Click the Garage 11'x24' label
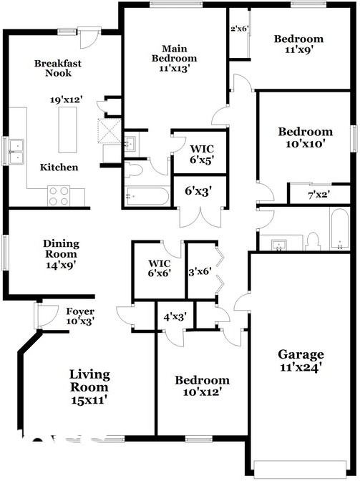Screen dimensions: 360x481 301,361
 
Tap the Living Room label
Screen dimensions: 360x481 89,381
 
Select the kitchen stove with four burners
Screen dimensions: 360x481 59,196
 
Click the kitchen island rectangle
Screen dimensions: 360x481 67,130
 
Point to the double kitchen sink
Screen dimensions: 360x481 16,152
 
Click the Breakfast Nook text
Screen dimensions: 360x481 58,68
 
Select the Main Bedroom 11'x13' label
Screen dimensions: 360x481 174,58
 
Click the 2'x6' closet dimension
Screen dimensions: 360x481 239,29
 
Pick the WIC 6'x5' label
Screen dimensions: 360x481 201,155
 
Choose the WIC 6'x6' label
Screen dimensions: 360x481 160,268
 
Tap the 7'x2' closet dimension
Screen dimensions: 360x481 319,195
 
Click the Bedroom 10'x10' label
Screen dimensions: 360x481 306,137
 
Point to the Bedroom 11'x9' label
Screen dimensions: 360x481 298,44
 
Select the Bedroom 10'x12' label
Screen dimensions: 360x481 202,386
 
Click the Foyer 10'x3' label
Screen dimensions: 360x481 80,316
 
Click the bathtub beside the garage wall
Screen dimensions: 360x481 340,229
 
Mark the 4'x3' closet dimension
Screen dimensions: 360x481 175,317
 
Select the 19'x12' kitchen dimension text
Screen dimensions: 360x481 67,100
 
